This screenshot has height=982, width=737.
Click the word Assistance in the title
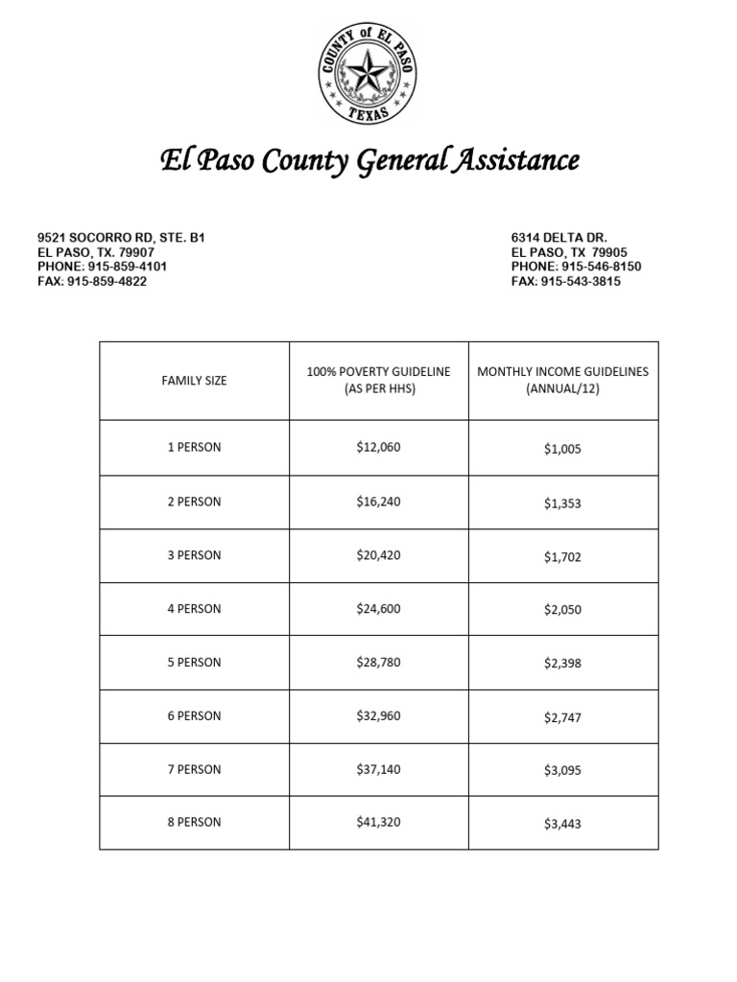click(x=519, y=160)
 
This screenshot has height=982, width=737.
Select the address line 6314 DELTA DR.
click(x=559, y=236)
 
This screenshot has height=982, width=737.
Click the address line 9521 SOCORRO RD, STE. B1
click(x=121, y=236)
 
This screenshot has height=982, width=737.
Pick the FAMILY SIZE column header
click(x=194, y=381)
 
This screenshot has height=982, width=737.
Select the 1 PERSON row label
click(x=194, y=448)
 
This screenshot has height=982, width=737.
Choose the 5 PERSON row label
click(x=194, y=663)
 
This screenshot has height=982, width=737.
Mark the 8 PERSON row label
click(x=194, y=823)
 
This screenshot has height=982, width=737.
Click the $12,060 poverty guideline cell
click(x=378, y=448)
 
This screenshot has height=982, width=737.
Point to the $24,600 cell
click(x=378, y=609)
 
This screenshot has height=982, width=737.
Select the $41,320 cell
click(x=378, y=823)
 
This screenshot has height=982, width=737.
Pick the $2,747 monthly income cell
click(x=562, y=717)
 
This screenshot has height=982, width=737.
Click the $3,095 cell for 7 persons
click(x=562, y=770)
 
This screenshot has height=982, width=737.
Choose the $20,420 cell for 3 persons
click(x=378, y=555)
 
